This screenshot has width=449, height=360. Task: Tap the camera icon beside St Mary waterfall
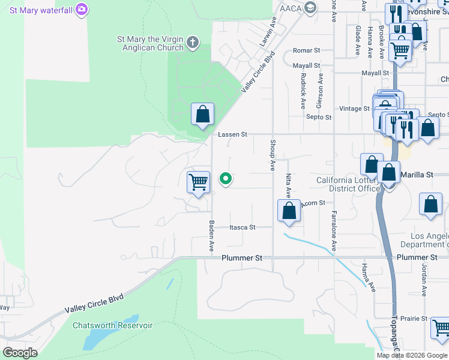[x=82, y=10]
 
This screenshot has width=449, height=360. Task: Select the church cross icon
[x=192, y=42]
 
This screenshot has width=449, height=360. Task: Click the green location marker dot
[x=226, y=178]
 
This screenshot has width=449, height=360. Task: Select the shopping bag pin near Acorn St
[x=289, y=211]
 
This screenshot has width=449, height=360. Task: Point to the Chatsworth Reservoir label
[x=113, y=326]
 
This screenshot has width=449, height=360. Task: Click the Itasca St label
[x=243, y=227]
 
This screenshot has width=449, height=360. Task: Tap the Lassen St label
[x=232, y=135]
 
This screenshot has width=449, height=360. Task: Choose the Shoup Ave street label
[x=273, y=153]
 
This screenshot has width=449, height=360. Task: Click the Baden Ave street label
[x=211, y=235]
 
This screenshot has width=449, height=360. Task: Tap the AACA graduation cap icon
[x=310, y=8]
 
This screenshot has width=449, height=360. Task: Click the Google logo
[x=19, y=353]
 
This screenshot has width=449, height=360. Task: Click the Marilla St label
[x=421, y=175]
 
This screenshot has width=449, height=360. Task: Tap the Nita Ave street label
[x=288, y=186]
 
